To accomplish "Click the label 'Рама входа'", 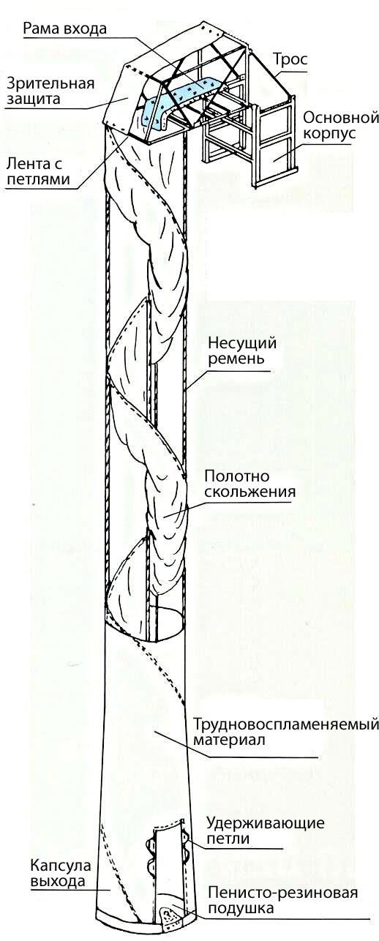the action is coord(64,29).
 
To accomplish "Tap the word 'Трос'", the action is coord(290,59).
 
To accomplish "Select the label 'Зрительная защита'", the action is coord(50,91).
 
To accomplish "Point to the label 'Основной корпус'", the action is coord(341,125).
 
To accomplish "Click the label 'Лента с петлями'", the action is coord(37,171).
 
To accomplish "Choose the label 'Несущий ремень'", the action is coord(242,350).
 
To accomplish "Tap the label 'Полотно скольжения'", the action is coord(249,484).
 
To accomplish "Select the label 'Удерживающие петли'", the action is coord(265,830).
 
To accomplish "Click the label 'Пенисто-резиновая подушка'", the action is coord(282,900).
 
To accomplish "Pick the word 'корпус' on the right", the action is coord(329,133).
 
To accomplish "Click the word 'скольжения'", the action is coord(249,492).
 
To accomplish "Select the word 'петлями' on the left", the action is coord(38,179).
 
